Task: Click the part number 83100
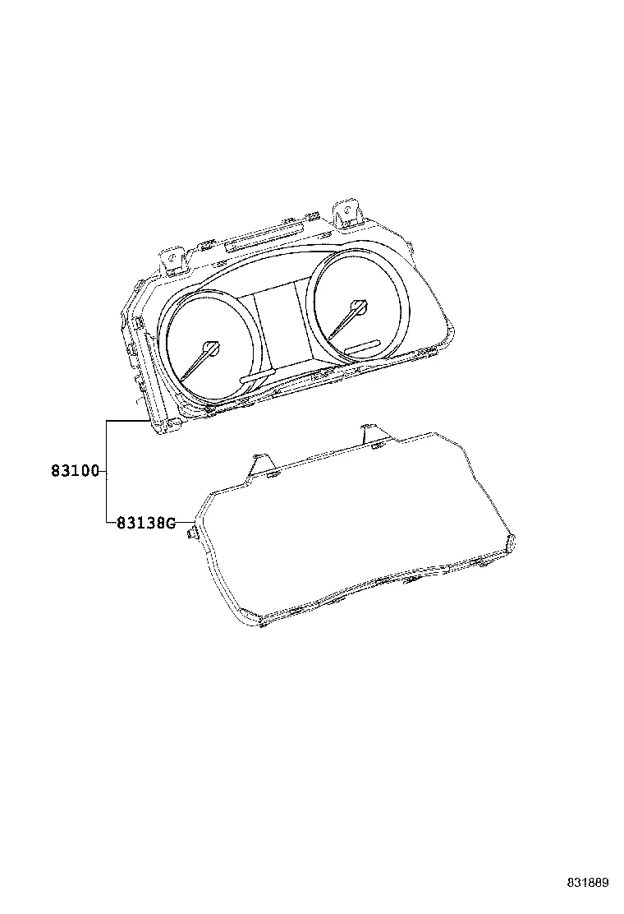76,470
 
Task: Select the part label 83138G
145,523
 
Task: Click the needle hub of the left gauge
212,348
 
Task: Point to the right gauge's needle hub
359,307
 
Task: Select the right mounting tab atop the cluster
347,214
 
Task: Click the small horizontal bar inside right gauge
363,346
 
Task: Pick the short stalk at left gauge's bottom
257,376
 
